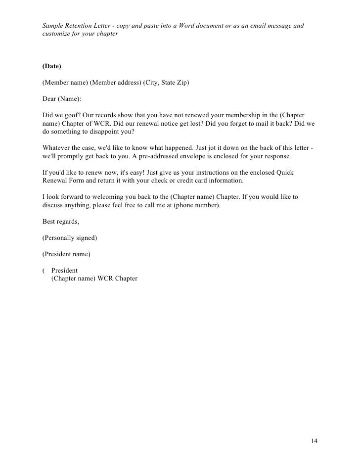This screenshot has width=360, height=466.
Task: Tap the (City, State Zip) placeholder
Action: (x=166, y=83)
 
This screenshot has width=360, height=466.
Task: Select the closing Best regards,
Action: (x=61, y=221)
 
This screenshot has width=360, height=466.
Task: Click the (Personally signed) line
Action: (x=70, y=237)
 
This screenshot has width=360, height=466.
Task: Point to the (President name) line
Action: (x=67, y=254)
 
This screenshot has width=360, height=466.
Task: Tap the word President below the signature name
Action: (x=64, y=271)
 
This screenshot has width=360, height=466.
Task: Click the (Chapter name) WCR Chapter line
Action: (x=94, y=279)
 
